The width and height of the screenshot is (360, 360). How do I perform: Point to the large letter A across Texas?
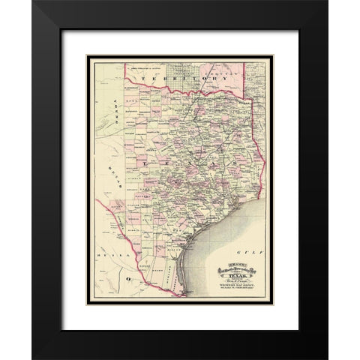coord(216,160)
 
